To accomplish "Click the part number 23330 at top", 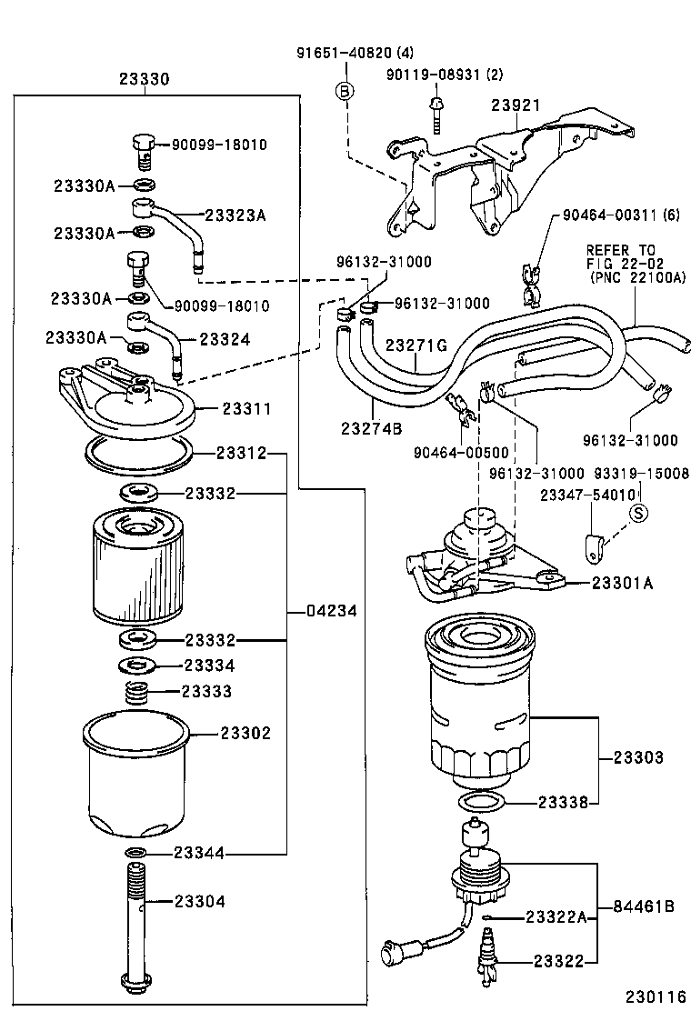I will tap(144, 79).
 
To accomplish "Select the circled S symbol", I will tap(639, 513).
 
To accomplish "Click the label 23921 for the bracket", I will tap(516, 106).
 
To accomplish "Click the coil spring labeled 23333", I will tap(136, 693).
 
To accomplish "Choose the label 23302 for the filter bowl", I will tap(245, 733).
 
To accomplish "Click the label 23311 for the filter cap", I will tap(245, 409).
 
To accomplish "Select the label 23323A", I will tap(235, 215).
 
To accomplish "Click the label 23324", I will tap(225, 339).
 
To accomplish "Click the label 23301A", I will tap(622, 583).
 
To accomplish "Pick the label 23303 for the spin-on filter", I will tap(637, 756).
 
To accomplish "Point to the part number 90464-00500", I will tap(460, 453).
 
